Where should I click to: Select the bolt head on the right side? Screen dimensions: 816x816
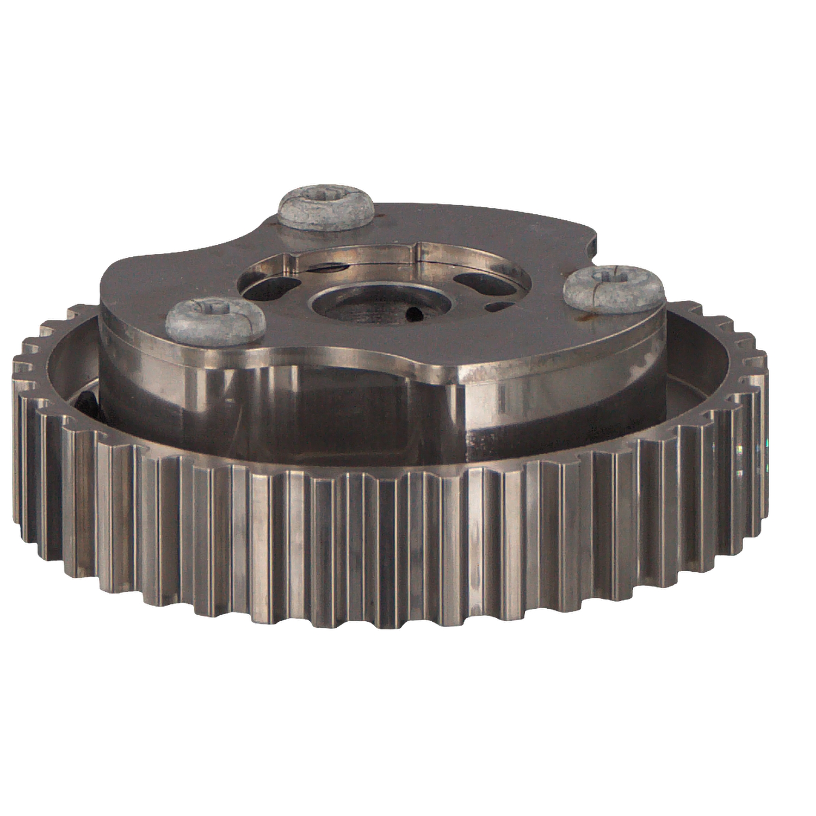[613, 288]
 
